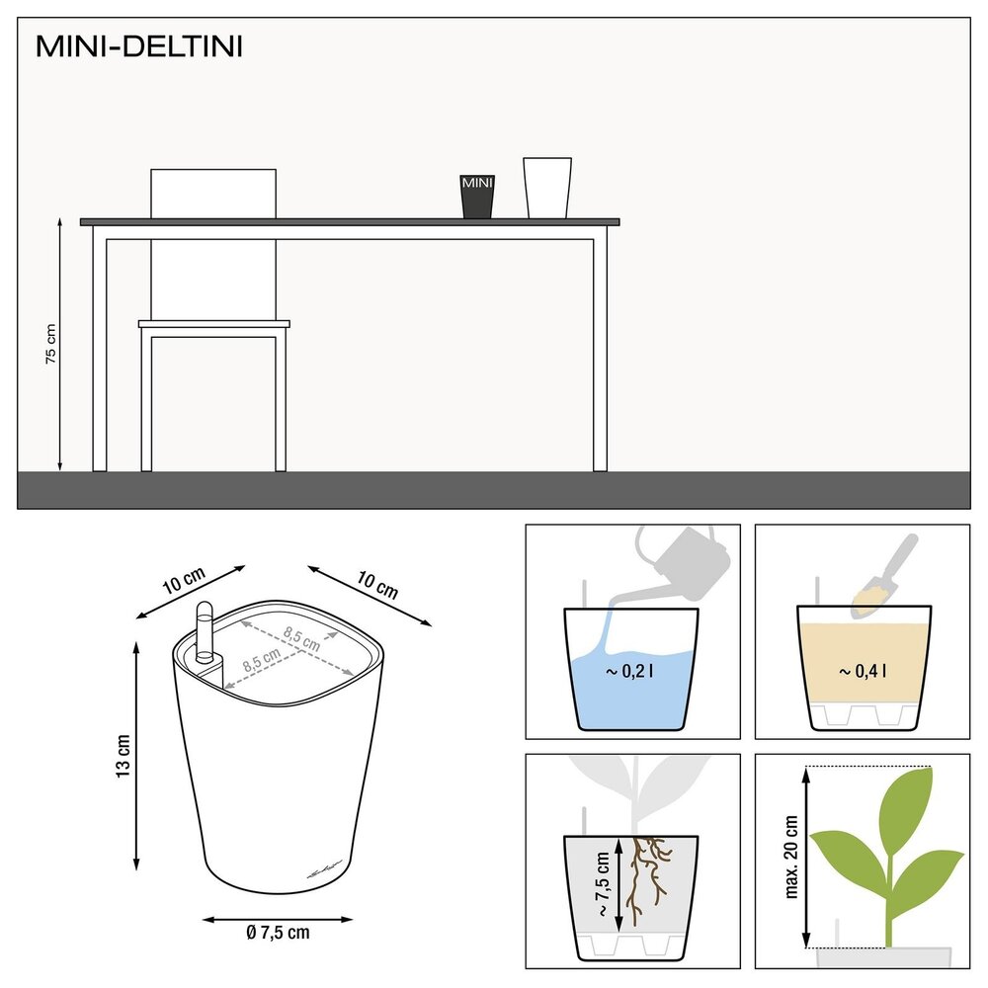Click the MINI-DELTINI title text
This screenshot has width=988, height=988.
(x=138, y=46)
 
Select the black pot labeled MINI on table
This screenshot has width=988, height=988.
(x=477, y=197)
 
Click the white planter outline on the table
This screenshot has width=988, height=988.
(x=546, y=188)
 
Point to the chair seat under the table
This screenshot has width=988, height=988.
(x=214, y=324)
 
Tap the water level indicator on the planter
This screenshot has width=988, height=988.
(x=205, y=632)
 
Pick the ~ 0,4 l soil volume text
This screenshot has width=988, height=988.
(x=863, y=672)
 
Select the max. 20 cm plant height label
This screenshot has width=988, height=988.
(x=790, y=857)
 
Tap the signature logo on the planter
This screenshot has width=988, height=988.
(x=324, y=867)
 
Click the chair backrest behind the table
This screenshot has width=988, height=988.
(x=212, y=193)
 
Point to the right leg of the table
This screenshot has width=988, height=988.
(x=600, y=351)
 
